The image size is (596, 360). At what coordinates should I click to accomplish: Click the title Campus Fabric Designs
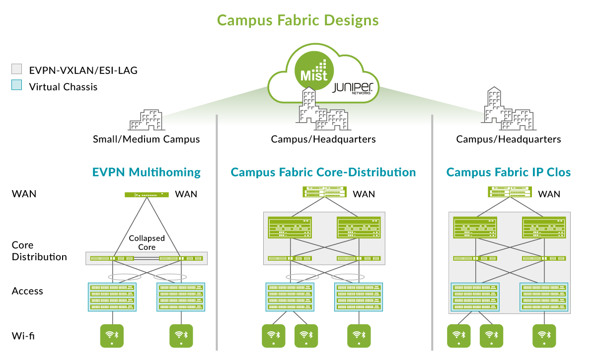[x=298, y=20]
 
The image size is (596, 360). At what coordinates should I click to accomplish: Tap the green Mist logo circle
[x=314, y=71]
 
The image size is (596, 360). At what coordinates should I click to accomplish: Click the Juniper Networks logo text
[x=353, y=88]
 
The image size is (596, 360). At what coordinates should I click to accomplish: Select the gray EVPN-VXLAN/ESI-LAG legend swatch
[x=16, y=69]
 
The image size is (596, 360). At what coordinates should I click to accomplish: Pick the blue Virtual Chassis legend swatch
[x=16, y=85]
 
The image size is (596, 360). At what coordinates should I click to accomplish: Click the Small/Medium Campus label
[x=146, y=139]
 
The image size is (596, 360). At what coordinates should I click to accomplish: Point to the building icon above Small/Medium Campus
[x=147, y=120]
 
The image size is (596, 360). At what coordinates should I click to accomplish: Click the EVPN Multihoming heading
[x=147, y=172]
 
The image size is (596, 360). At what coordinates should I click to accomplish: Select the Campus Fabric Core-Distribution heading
[x=323, y=172]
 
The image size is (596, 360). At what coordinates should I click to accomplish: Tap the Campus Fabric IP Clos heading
[x=509, y=172]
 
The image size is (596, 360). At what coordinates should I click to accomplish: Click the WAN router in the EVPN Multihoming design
[x=147, y=195]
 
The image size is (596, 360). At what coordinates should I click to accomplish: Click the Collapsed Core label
[x=147, y=242]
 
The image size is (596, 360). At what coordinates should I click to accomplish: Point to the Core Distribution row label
[x=39, y=251]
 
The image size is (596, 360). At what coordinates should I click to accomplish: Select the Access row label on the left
[x=27, y=291]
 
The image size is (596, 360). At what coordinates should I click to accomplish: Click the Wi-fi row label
[x=23, y=336]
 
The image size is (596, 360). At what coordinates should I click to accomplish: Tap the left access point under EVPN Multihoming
[x=112, y=336]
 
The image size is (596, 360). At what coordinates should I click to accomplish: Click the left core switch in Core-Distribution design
[x=290, y=227]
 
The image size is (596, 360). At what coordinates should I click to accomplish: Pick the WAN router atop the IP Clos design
[x=510, y=192]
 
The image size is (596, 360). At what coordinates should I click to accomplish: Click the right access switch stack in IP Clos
[x=543, y=297]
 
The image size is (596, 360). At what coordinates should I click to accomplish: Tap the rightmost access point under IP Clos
[x=544, y=336]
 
